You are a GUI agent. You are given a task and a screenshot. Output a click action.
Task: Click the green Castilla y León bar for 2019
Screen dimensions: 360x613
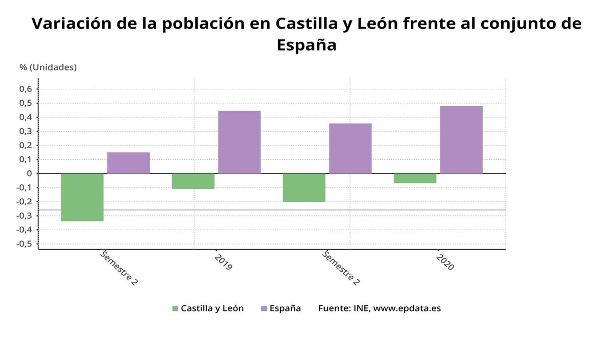point(193,181)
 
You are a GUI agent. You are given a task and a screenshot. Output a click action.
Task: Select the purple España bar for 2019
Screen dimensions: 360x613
point(239,142)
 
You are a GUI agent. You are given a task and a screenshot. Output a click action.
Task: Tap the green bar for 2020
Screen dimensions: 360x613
point(415,178)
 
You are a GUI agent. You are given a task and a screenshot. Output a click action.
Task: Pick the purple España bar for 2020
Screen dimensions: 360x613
point(461,139)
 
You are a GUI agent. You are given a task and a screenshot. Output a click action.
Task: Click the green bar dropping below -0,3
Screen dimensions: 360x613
point(82,197)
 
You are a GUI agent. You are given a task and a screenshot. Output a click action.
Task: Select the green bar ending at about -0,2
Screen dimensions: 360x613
point(304,187)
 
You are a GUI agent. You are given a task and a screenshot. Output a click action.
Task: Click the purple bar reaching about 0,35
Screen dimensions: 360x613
point(350,148)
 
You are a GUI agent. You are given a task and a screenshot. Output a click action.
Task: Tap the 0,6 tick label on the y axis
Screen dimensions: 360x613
point(26,89)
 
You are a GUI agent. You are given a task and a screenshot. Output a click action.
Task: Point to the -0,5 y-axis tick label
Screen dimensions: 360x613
point(24,244)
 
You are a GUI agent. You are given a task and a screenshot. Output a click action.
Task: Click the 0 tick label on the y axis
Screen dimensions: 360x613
point(30,174)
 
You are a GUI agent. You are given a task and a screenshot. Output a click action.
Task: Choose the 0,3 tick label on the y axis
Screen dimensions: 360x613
point(26,132)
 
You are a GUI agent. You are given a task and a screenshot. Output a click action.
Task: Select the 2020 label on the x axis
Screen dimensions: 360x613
point(445,261)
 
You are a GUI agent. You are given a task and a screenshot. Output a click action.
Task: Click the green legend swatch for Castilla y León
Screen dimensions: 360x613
point(175,308)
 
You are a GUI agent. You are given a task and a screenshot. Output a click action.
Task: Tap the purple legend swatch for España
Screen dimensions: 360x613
point(264,308)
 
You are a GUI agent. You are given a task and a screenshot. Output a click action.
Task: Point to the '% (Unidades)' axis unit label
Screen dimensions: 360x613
point(48,67)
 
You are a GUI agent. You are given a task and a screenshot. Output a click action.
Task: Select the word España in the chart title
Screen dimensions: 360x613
point(306,45)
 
